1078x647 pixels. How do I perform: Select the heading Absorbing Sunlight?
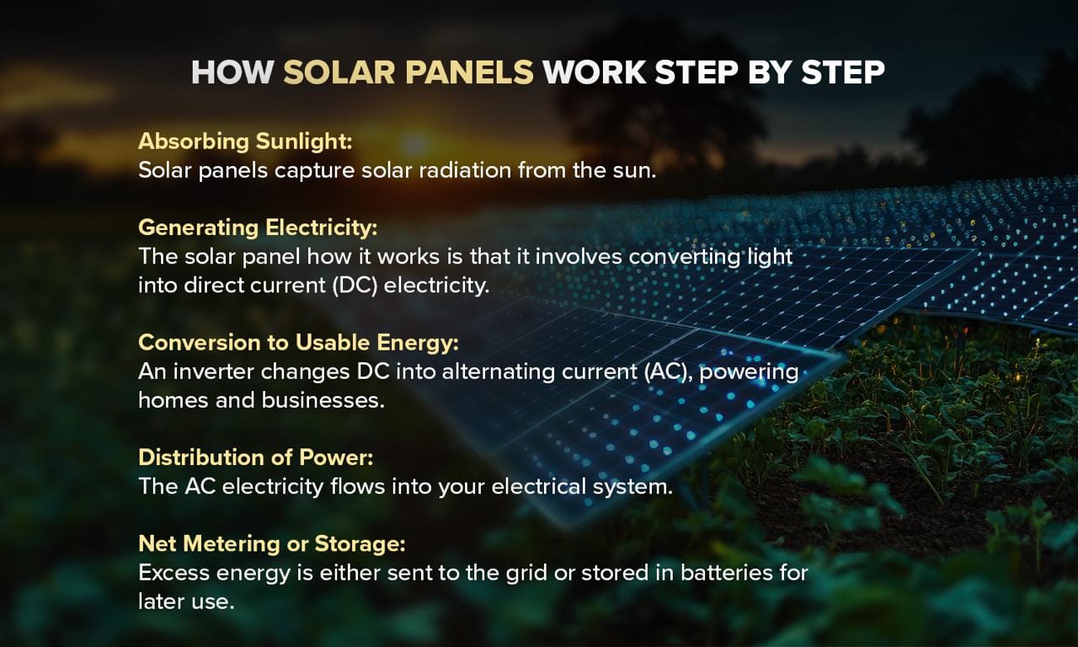point(245,141)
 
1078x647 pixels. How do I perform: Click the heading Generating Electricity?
point(258,227)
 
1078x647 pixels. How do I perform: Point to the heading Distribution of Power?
point(255,457)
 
